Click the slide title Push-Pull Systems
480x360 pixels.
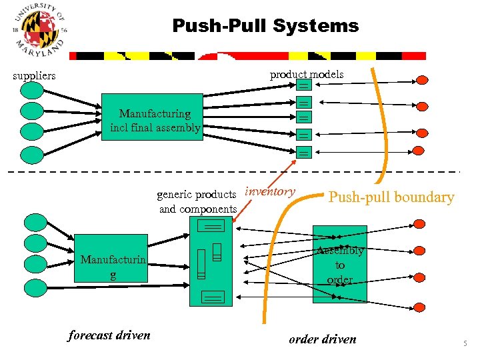[265, 26]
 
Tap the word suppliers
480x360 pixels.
[35, 75]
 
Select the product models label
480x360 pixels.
[307, 74]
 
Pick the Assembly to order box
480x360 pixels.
[340, 264]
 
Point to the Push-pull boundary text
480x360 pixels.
[391, 197]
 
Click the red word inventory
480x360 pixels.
[270, 192]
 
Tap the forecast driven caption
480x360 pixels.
[109, 335]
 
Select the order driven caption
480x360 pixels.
[323, 339]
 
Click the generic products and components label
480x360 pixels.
[197, 202]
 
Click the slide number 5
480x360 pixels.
[465, 344]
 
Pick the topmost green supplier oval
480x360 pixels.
[31, 89]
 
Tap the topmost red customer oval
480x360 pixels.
[421, 80]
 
